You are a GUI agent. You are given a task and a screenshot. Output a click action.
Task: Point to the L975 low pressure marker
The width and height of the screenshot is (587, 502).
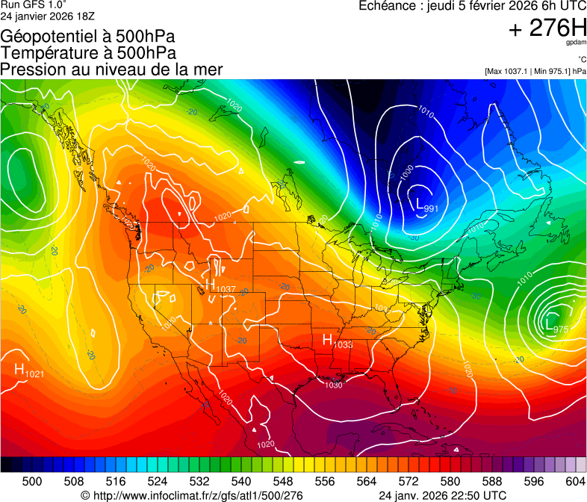[557, 326]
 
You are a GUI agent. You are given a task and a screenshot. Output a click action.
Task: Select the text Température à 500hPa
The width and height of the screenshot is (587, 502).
[88, 52]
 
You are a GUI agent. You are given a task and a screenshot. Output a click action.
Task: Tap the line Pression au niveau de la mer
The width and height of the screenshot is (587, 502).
[111, 69]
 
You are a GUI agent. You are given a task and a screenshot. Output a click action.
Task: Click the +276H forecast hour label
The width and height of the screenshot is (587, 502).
[547, 28]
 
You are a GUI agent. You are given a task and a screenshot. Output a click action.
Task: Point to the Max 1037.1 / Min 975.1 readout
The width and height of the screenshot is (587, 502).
[535, 71]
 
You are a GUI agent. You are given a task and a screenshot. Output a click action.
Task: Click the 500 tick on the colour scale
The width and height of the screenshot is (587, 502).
[32, 480]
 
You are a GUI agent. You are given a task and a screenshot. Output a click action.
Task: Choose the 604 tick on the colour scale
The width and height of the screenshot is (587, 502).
[575, 480]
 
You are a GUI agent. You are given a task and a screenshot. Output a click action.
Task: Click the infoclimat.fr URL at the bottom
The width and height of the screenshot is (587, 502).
[191, 495]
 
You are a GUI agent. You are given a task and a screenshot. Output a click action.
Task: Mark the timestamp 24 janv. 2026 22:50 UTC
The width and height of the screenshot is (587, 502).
[442, 495]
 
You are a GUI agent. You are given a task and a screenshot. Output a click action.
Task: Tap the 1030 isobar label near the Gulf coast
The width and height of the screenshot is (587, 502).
[334, 385]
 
